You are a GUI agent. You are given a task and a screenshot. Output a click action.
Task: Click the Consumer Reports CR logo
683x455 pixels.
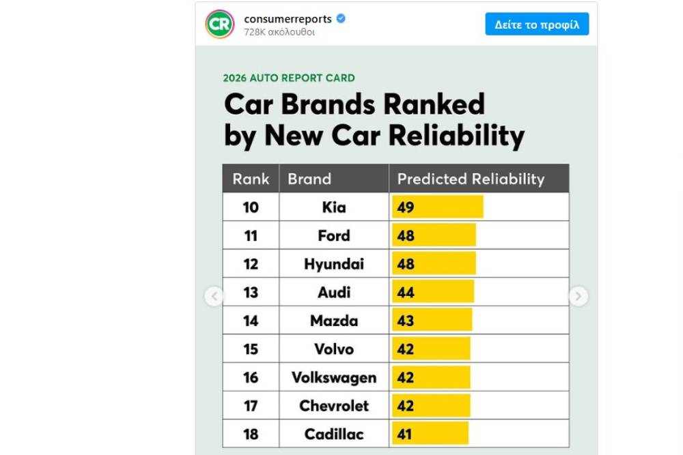tap(220, 25)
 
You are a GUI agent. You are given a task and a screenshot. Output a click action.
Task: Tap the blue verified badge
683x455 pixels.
tap(341, 18)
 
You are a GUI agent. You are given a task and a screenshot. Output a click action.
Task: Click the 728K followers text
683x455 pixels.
tap(279, 32)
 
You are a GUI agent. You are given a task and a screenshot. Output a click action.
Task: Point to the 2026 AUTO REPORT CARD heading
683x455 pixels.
tap(289, 78)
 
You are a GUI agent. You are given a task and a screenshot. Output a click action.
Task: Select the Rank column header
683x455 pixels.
tap(251, 179)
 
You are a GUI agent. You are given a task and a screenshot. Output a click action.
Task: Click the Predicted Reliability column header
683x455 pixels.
tap(471, 179)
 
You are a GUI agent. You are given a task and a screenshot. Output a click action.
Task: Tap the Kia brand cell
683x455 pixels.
tap(334, 207)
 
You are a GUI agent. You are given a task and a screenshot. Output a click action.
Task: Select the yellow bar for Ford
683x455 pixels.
tap(434, 235)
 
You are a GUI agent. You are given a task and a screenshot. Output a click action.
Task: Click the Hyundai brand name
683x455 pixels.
tap(334, 264)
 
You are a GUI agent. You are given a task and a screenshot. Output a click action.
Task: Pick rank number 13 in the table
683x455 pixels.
tap(251, 292)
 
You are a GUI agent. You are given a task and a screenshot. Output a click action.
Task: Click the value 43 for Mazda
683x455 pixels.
tap(406, 321)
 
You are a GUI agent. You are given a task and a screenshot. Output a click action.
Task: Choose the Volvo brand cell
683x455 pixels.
tap(334, 349)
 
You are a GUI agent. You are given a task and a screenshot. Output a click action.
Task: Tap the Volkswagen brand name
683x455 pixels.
tap(334, 377)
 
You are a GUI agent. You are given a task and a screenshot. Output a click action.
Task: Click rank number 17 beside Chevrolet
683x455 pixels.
tap(251, 406)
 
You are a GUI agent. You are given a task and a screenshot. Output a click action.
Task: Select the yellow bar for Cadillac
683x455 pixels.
tap(430, 434)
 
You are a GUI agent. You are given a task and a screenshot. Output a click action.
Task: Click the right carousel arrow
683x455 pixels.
tap(578, 296)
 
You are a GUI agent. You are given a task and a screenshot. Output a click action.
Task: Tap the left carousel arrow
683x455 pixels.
tap(214, 296)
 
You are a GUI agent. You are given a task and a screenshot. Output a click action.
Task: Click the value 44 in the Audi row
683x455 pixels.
tap(406, 292)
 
